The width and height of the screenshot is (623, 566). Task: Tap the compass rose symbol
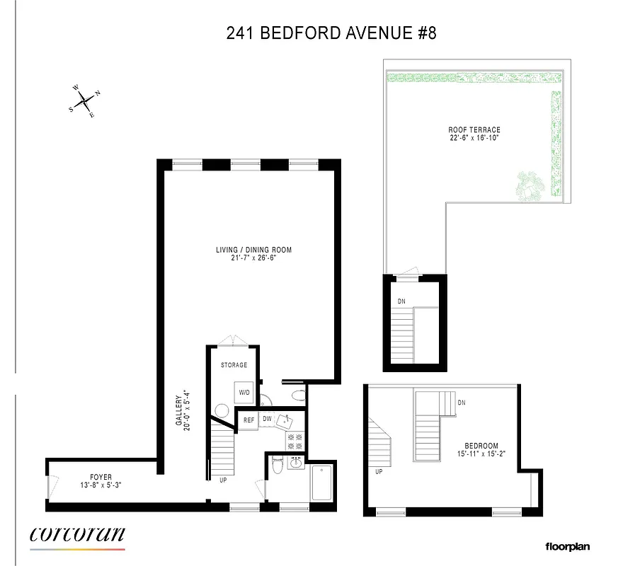85,101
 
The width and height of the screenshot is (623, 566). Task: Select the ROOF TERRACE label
474,129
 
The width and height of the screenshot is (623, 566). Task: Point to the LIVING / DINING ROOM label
253,250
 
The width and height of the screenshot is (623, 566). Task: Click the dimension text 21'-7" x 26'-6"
253,258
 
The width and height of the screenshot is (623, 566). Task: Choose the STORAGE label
234,365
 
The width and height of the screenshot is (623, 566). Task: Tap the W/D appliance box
244,392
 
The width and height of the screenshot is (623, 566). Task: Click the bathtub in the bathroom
321,483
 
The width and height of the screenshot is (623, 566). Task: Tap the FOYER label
101,477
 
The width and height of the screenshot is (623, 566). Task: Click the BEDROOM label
481,446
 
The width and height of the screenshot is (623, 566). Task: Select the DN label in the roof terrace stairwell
400,301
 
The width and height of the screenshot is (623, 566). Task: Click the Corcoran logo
78,536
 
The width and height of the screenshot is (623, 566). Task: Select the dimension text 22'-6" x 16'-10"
474,139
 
